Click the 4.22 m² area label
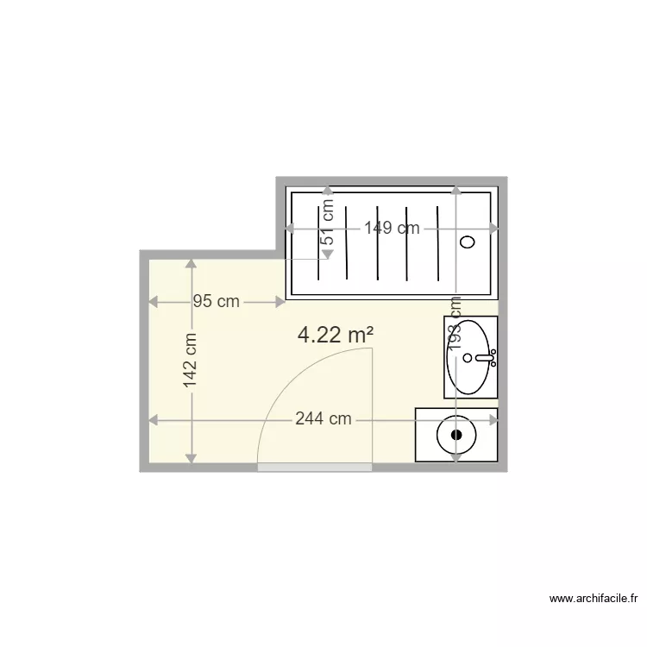click(335, 335)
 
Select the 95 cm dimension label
click(216, 302)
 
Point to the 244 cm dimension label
click(323, 419)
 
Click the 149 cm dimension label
click(392, 229)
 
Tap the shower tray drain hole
click(468, 242)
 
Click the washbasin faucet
click(483, 355)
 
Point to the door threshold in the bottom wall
click(315, 467)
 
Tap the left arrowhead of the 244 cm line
click(154, 420)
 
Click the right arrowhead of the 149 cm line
click(494, 229)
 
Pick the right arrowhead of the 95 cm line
click(280, 302)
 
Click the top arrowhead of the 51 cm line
click(327, 191)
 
